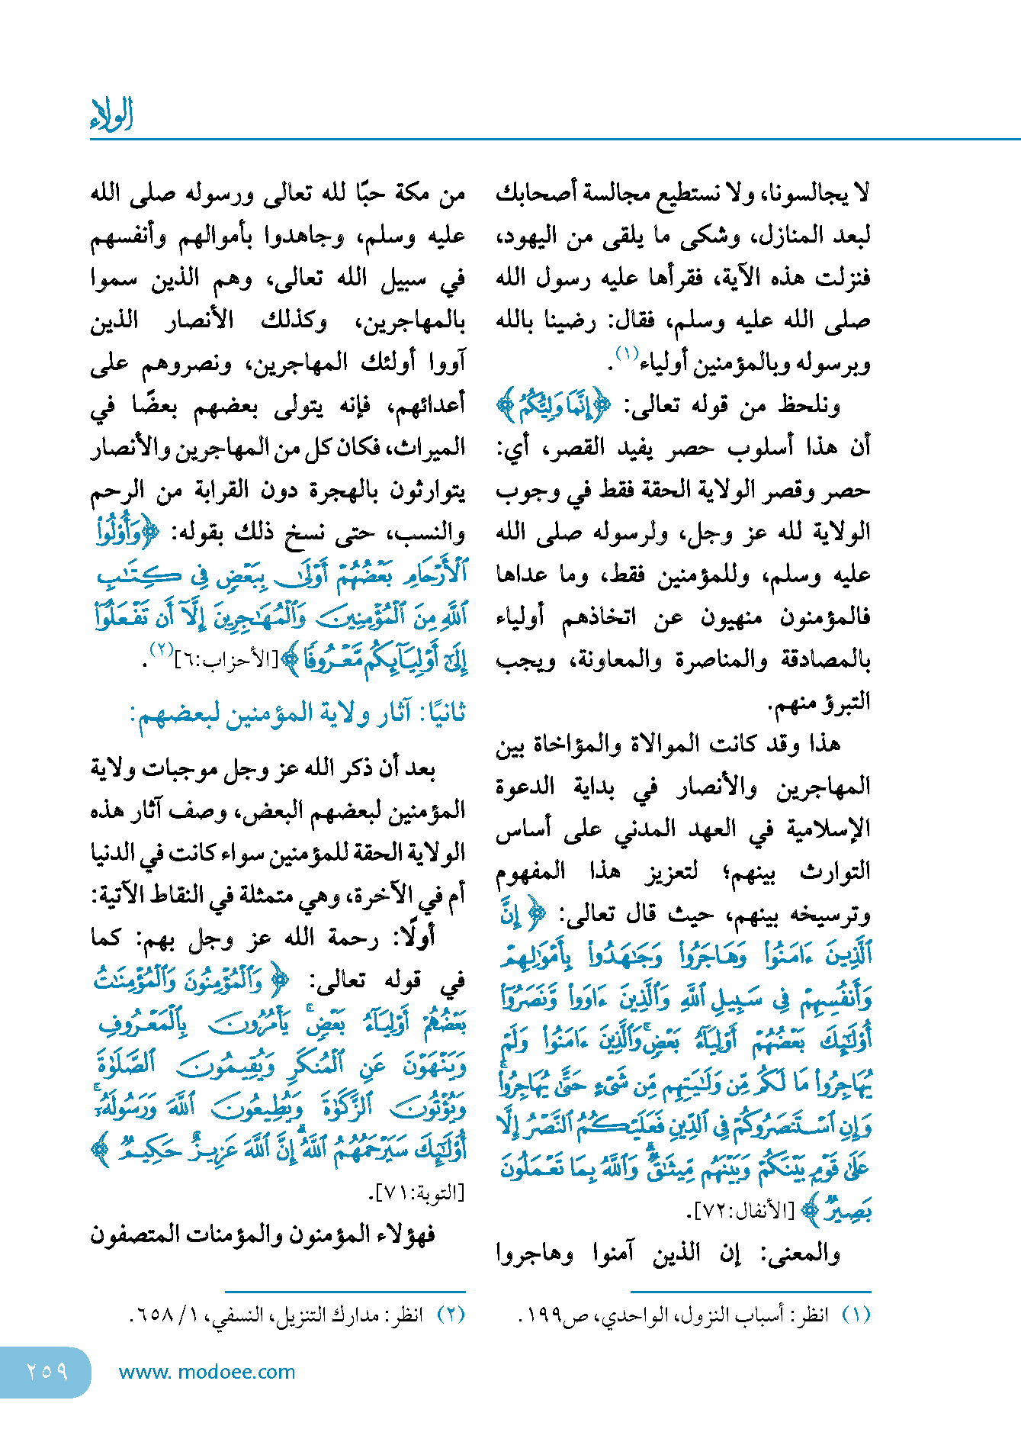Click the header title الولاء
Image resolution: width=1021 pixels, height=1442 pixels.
tap(111, 116)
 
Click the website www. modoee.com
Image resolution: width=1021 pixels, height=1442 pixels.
tap(207, 1372)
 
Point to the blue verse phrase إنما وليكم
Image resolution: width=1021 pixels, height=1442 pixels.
tap(554, 405)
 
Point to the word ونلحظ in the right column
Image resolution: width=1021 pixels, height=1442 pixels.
tap(810, 406)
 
